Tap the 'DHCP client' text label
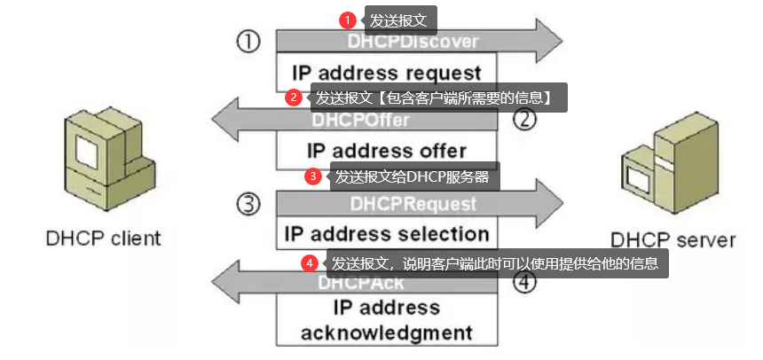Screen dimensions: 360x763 click(104, 238)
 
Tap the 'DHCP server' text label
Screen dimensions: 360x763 click(673, 239)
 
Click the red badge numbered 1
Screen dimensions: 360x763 click(348, 20)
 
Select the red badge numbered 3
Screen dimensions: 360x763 click(312, 176)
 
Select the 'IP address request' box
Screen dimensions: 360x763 click(387, 72)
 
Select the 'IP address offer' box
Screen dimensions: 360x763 click(387, 148)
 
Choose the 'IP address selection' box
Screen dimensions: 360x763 click(387, 234)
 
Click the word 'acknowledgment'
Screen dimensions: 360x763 click(386, 333)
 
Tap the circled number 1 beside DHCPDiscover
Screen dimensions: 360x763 click(248, 42)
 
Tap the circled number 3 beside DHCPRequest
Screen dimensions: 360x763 click(249, 205)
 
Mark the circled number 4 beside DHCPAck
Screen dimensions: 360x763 click(526, 284)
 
